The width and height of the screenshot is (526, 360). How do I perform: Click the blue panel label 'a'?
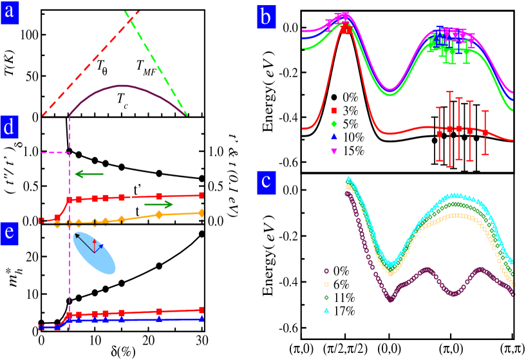[10, 10]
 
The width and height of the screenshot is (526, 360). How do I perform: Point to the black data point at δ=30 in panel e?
[202, 234]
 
